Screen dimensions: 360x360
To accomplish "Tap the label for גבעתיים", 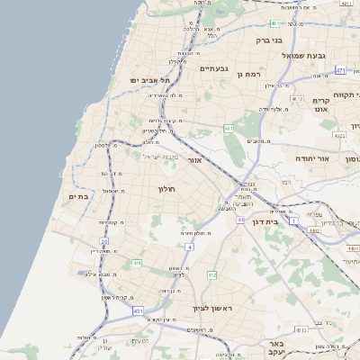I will pos(214,68).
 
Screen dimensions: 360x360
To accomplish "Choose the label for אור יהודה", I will pos(312,158).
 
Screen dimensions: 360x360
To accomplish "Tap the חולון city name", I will pos(168,189).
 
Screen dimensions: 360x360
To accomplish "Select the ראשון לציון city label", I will pos(212,308).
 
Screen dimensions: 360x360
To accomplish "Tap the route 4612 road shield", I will pos(297,100).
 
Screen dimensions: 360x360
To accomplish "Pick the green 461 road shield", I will pos(229,129).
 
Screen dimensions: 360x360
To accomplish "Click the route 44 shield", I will pos(240,220).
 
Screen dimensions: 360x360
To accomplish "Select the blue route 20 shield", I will pos(104,242).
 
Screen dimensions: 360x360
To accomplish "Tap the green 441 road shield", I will pos(137,263).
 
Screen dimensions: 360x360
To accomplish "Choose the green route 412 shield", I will pos(212,274).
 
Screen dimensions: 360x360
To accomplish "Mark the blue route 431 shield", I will pos(139,310).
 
